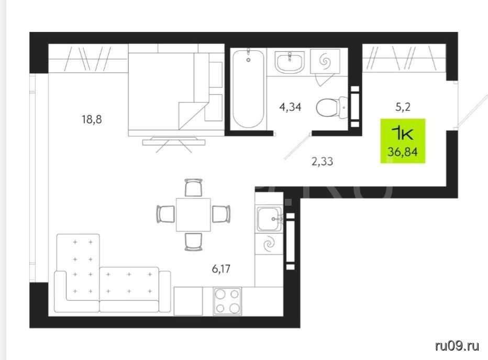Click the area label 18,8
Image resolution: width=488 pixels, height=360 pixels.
pos(92,119)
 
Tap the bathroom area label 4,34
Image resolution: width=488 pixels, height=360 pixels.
pos(291,107)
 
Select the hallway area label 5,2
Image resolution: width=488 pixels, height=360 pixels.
pos(403,107)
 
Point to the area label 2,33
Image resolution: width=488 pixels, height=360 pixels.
pos(322,161)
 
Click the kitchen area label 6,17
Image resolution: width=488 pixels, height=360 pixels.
pos(221,268)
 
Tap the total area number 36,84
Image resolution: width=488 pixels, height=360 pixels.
pos(403,152)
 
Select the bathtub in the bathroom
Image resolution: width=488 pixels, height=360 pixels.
pos(248,88)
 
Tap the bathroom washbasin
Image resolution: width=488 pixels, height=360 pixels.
pos(290,62)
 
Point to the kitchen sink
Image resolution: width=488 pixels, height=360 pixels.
pos(270,219)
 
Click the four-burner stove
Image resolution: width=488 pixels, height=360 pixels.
pos(227,301)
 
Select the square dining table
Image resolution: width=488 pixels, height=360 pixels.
pos(193,215)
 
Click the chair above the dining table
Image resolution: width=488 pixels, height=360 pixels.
pos(194,187)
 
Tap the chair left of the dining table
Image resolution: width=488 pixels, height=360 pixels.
pos(165,214)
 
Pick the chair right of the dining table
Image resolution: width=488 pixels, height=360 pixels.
pos(221,214)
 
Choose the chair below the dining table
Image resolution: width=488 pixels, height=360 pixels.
pos(194,242)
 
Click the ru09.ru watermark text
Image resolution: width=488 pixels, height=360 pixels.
pos(457,346)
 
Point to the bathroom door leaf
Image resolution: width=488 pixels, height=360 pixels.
pos(297,146)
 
